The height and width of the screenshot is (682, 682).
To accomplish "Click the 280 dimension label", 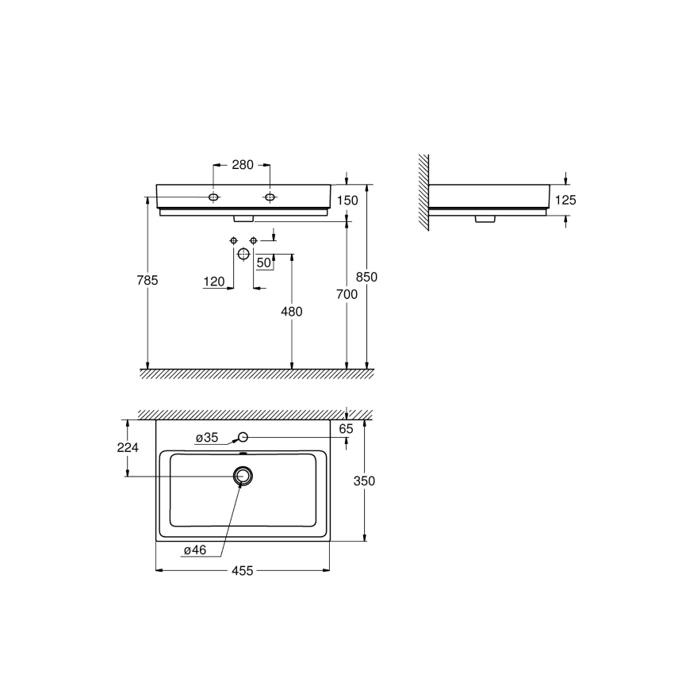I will (x=242, y=165).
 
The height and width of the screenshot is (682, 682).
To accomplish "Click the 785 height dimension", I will (x=148, y=280).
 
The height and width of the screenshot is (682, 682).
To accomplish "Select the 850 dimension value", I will (x=367, y=277).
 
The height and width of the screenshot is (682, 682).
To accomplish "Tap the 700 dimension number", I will (x=347, y=294).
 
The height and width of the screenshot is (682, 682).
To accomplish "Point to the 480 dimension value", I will (x=292, y=312).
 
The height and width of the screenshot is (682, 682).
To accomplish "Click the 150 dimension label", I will (x=347, y=201).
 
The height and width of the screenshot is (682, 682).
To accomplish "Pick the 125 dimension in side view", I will (x=565, y=201).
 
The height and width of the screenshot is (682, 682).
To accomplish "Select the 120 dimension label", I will (x=214, y=282).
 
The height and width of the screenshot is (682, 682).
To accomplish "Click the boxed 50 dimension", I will (x=264, y=262).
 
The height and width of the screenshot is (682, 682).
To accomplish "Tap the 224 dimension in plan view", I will (x=127, y=447).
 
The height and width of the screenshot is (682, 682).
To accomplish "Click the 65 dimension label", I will (x=347, y=429).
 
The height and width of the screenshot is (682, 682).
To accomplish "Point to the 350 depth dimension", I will (x=365, y=481).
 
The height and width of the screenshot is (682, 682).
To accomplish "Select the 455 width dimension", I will (x=242, y=570).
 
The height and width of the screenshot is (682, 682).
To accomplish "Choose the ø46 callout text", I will (x=195, y=550).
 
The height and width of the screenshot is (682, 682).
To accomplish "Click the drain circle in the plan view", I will (x=243, y=475).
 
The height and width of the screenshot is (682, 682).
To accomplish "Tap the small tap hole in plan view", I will (x=243, y=437).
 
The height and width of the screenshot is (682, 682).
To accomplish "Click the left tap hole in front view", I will (x=214, y=196).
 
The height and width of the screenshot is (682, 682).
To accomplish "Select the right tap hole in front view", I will (x=270, y=196).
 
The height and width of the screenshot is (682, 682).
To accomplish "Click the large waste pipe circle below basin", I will (x=243, y=254).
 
